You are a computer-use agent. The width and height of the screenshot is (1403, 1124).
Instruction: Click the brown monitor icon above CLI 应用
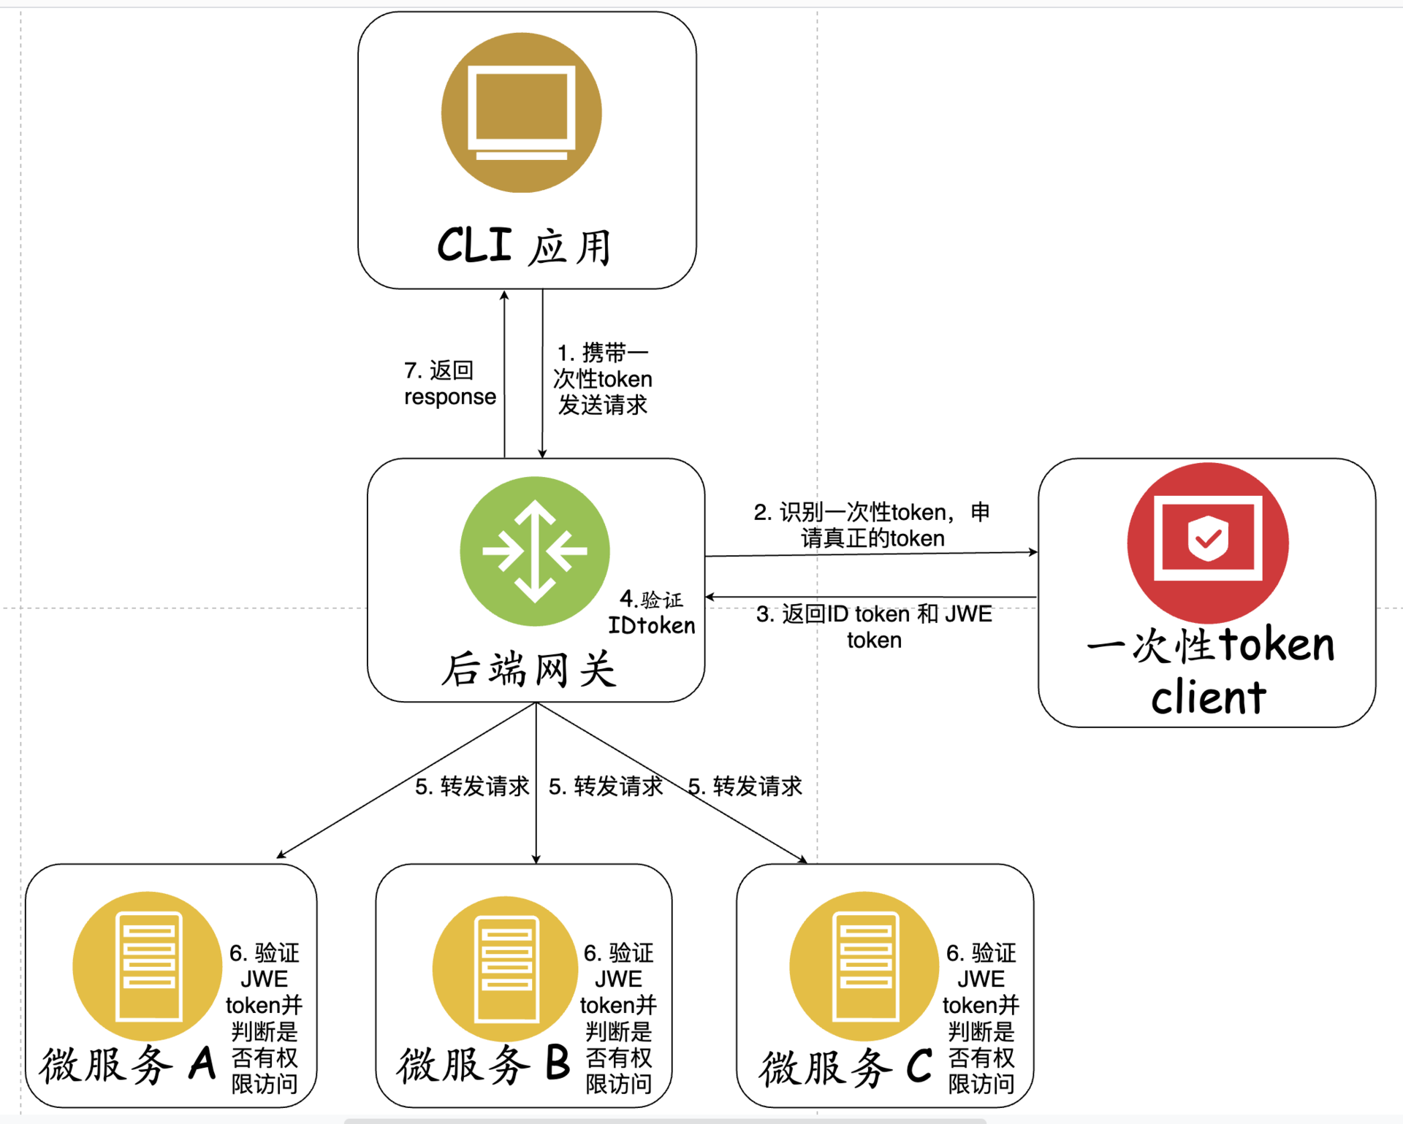(x=521, y=112)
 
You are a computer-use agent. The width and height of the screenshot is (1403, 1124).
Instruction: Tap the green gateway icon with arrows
(x=535, y=551)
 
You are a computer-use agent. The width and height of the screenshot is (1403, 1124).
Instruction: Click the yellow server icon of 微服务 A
(x=148, y=966)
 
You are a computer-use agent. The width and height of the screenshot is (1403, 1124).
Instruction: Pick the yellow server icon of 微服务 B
(x=506, y=968)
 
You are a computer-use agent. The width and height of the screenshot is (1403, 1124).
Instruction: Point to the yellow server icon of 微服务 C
(x=864, y=966)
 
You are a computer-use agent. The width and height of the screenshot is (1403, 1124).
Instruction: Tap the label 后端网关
(x=529, y=669)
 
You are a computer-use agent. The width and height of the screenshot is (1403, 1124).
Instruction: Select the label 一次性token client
(x=1209, y=670)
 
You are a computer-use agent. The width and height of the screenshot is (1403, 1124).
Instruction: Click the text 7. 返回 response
(x=449, y=383)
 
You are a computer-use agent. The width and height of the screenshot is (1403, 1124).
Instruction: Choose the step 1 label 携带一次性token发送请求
(x=603, y=379)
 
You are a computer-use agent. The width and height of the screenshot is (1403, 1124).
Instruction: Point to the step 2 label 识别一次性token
(x=872, y=525)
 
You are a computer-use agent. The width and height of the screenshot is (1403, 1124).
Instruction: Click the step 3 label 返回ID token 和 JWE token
(x=874, y=627)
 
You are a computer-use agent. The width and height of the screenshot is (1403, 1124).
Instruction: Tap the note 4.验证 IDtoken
(x=651, y=613)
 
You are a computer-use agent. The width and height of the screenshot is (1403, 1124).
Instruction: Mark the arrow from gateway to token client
(x=870, y=554)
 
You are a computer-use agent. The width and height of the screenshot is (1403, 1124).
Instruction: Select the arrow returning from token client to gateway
(x=870, y=597)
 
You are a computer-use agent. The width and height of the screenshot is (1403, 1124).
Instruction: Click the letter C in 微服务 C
(x=919, y=1066)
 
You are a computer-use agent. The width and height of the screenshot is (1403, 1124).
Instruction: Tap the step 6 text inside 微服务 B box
(x=618, y=1018)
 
